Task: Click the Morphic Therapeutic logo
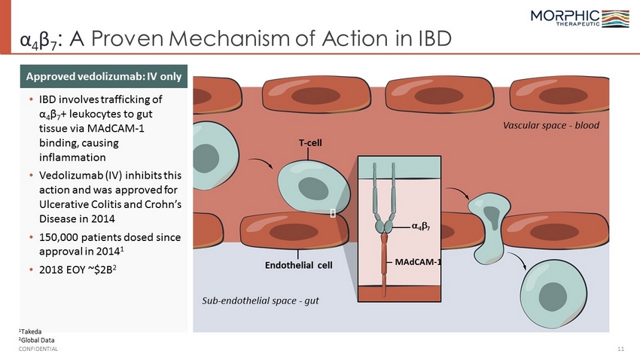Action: tap(580, 18)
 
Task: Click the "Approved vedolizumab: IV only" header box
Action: tap(104, 76)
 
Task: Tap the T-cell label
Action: tap(310, 143)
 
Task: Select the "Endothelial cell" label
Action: tap(299, 265)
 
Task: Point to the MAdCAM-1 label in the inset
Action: tap(418, 261)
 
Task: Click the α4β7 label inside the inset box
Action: tap(420, 226)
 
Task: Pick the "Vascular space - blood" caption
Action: tap(551, 125)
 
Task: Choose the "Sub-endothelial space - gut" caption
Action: tap(261, 301)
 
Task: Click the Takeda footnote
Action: tap(30, 331)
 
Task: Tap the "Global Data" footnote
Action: tap(36, 340)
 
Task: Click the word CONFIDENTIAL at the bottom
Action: tap(38, 349)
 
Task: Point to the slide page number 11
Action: tap(621, 349)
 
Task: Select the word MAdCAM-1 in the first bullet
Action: tap(116, 128)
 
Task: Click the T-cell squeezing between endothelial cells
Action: tap(489, 228)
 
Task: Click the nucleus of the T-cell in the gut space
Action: tap(553, 297)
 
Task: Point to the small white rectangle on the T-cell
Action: tap(333, 213)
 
